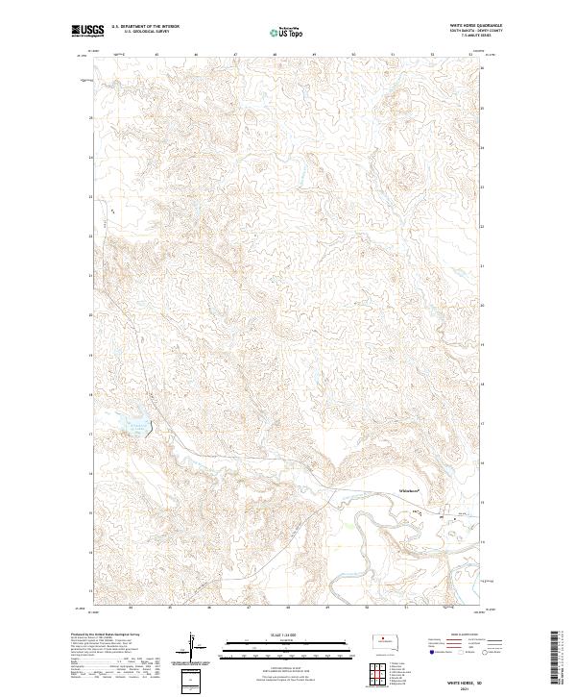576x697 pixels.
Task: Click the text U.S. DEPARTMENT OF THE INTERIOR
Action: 145,27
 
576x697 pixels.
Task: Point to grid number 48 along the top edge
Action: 276,55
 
